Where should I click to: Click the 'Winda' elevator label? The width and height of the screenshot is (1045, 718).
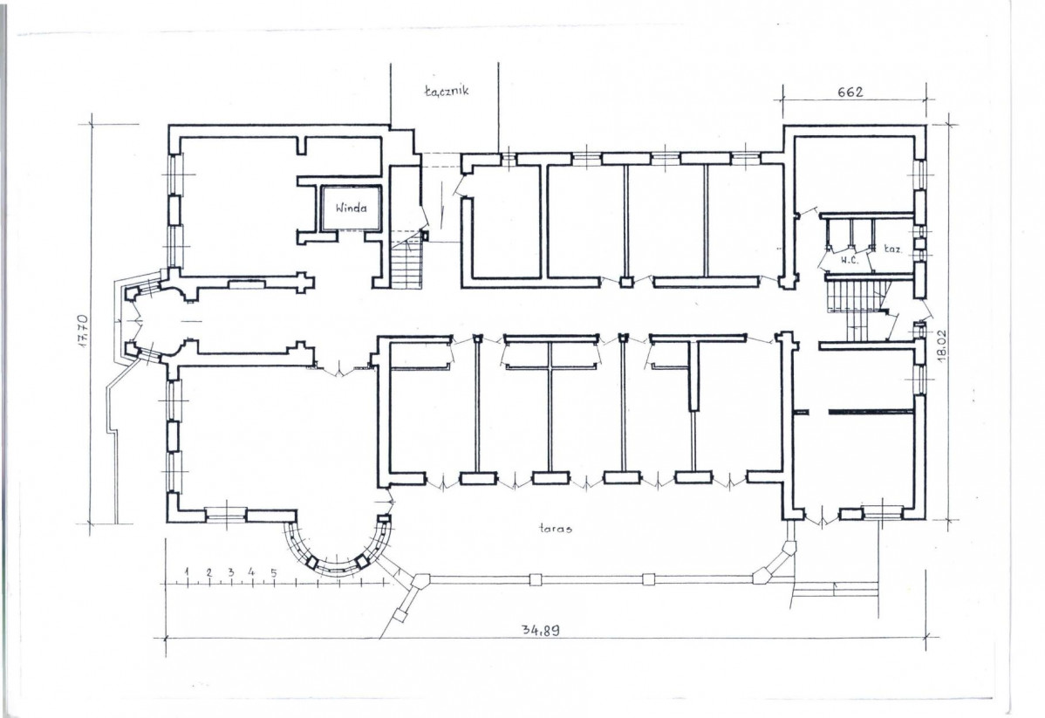351,208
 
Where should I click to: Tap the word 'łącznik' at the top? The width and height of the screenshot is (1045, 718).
447,91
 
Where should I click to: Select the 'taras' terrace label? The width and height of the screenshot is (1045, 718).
557,529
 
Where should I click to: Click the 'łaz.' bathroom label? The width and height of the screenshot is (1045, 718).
893,250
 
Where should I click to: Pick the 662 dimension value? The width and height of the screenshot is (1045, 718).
850,92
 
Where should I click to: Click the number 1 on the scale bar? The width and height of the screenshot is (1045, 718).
188,571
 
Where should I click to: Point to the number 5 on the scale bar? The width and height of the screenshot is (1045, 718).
274,572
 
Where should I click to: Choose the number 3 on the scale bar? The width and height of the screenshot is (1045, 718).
230,571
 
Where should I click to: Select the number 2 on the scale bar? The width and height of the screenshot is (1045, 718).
209,571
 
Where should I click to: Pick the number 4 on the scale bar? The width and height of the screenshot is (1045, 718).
252,571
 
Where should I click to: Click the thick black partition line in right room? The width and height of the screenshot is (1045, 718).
871,412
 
